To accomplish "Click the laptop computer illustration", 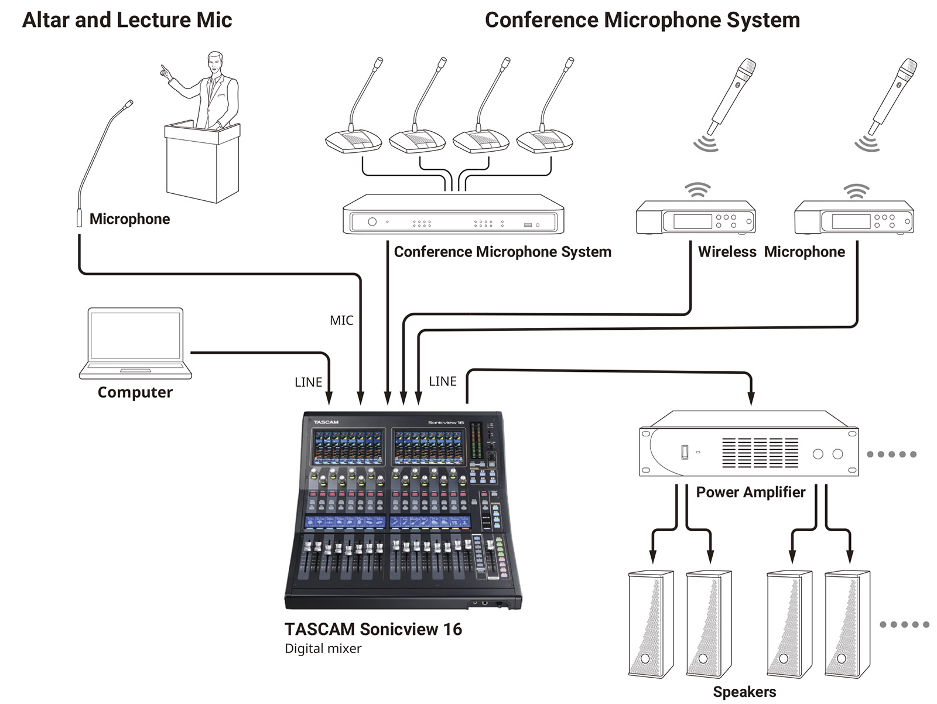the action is point(135,343).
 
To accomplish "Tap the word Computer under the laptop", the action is point(135,392).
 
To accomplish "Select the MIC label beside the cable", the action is point(341,320).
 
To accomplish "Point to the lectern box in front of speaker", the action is point(203,162).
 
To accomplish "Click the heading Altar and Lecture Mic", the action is point(127,20).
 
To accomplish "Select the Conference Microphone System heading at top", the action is point(642,20).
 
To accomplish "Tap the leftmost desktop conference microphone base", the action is point(354,141).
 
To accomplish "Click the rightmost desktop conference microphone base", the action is point(545,141).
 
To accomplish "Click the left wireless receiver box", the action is point(696,217).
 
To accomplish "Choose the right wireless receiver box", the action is point(854,217).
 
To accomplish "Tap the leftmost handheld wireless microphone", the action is point(730,97).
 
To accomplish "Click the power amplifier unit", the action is point(749,443).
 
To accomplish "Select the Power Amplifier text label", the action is point(751,492).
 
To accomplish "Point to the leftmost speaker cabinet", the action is point(651,624).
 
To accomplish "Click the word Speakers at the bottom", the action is point(745,692).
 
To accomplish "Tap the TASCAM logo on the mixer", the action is point(326,422).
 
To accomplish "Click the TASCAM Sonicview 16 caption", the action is point(374,629).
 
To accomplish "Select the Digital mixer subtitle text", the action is point(323,648).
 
